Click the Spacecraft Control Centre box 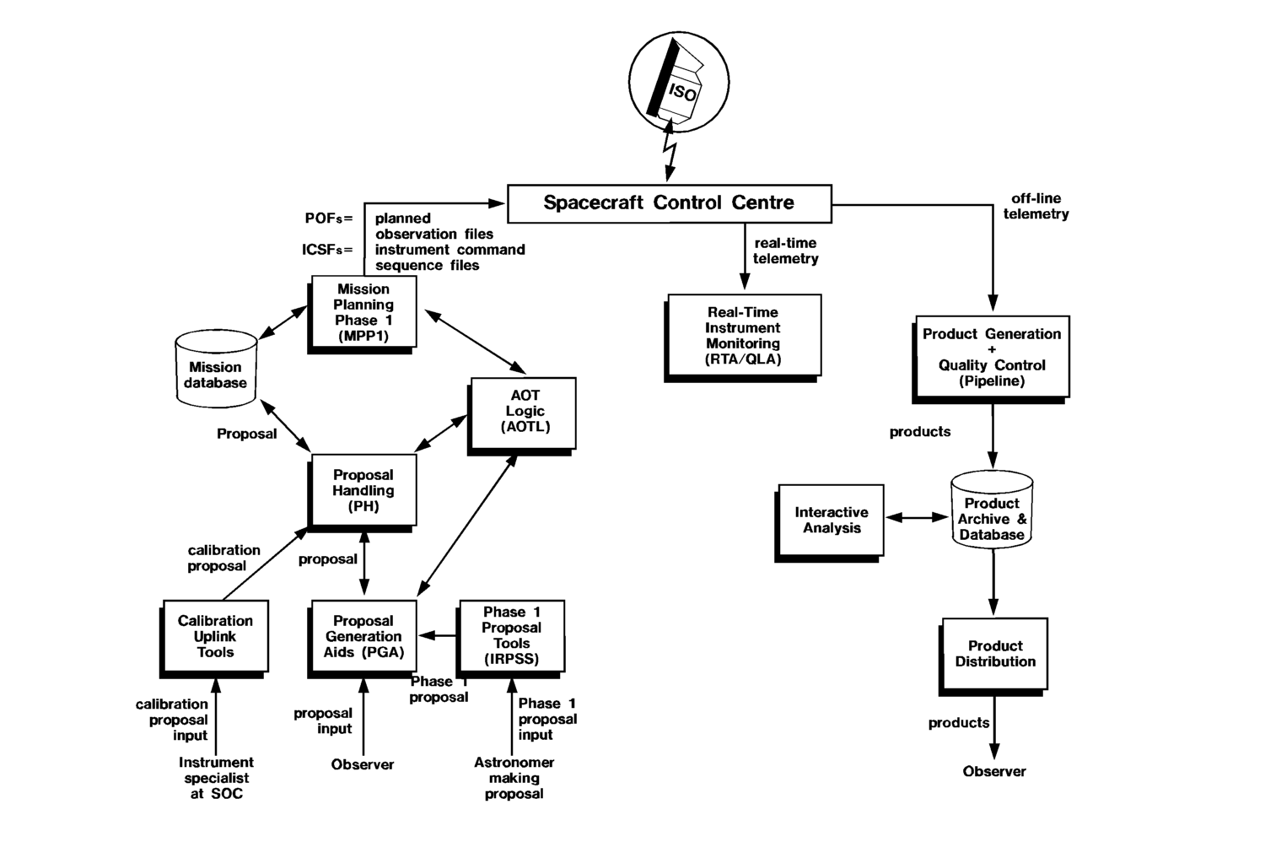pos(669,203)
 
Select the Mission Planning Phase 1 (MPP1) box pos(363,312)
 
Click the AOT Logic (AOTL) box pos(524,412)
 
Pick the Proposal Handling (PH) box pos(363,490)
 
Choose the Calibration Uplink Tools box pos(215,636)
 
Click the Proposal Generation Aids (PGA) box pos(363,636)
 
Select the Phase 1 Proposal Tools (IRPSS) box pos(512,635)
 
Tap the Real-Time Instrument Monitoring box pos(743,335)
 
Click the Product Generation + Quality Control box pos(992,356)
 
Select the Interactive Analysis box pos(832,520)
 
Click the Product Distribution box pos(995,654)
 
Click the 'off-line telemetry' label pos(1036,207)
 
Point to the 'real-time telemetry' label pos(785,251)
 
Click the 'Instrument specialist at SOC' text pos(216,778)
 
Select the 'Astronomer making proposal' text pos(514,778)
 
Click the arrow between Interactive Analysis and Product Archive pos(917,518)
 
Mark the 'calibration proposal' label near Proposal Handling pos(223,558)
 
